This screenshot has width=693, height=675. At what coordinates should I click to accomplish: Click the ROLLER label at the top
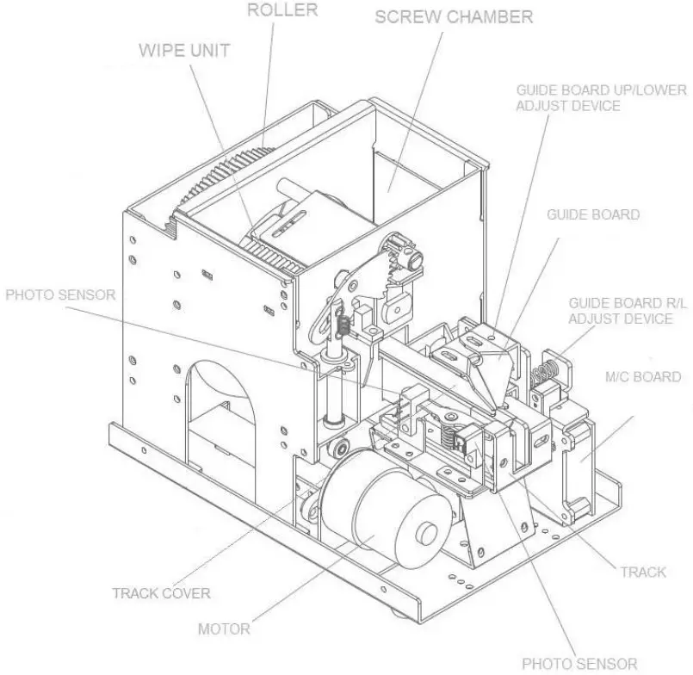(x=282, y=10)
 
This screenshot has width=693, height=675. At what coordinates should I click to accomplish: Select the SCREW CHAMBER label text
(x=454, y=16)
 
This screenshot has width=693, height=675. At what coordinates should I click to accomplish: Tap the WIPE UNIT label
(x=184, y=50)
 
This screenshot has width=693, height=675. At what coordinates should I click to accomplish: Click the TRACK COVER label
(x=161, y=592)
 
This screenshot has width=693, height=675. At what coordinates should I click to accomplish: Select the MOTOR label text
(x=224, y=629)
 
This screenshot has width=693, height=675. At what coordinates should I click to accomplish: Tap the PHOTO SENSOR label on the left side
(x=60, y=294)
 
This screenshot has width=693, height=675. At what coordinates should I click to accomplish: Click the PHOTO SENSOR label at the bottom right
(x=579, y=663)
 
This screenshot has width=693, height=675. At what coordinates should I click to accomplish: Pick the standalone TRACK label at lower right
(x=642, y=572)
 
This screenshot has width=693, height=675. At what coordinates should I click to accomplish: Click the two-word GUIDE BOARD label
(x=593, y=214)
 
